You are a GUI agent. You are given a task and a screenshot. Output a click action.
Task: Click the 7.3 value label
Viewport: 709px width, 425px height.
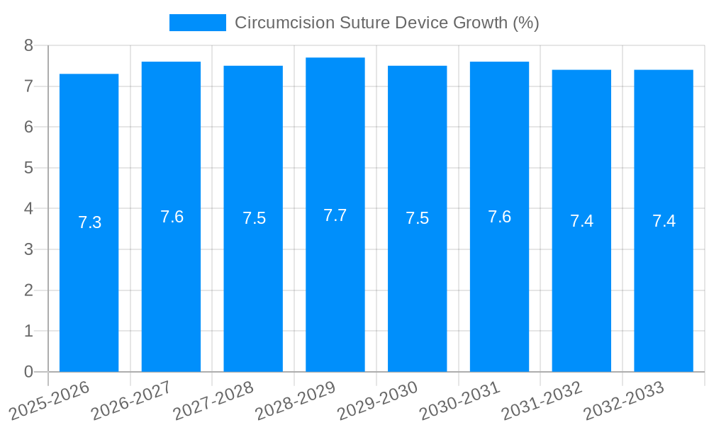point(89,222)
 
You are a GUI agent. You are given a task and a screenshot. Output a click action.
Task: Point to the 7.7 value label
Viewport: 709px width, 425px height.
point(335,215)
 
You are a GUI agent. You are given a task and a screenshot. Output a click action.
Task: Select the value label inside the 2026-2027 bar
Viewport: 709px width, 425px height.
point(172,217)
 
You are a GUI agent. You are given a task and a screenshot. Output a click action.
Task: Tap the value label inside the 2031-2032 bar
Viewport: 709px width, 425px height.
point(581,221)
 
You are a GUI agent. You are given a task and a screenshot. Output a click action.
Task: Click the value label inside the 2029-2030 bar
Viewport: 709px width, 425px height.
point(417,218)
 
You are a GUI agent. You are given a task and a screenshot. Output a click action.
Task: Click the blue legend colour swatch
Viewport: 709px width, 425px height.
point(197,23)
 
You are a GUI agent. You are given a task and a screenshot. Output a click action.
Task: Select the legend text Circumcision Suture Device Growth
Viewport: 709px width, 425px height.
point(386,23)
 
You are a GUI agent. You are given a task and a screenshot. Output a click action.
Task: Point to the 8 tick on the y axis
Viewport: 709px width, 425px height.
point(28,45)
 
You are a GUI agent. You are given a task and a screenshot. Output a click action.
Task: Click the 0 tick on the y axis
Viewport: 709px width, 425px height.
point(28,372)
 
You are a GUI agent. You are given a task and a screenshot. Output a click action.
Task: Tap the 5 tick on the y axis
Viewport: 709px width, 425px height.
point(28,168)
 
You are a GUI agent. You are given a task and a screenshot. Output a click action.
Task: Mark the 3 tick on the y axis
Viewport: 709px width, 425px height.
point(28,249)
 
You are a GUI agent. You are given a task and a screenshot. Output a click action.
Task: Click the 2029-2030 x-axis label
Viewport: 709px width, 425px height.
point(377,400)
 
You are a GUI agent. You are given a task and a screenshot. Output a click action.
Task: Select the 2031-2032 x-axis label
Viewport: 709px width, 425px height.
point(542,400)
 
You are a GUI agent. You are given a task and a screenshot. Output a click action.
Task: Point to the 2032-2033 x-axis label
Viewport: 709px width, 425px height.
point(624,400)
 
